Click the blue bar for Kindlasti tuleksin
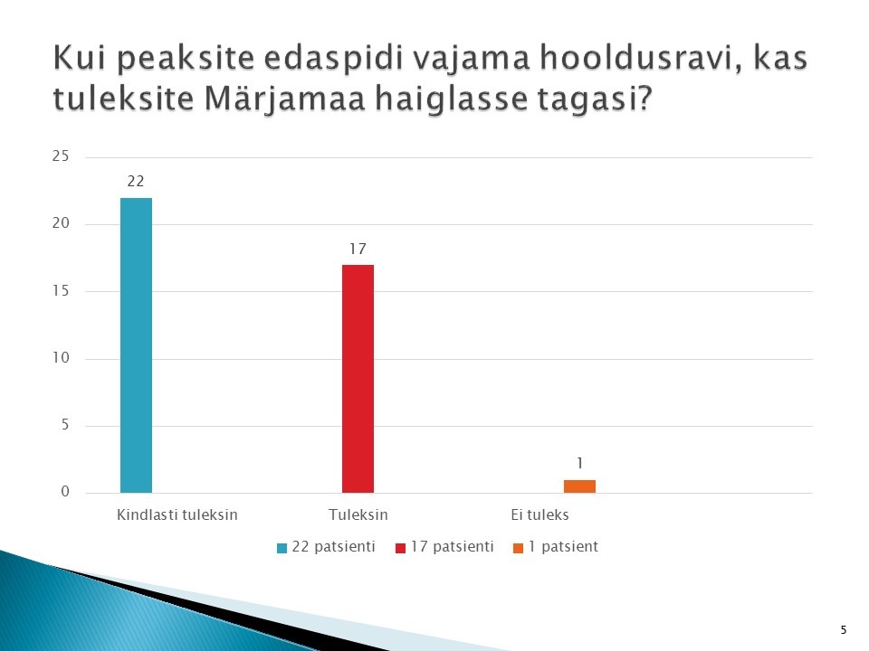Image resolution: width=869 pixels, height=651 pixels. pos(137,345)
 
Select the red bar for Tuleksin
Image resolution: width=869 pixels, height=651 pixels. pos(358,379)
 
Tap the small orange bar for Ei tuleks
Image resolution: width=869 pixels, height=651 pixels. pos(579,486)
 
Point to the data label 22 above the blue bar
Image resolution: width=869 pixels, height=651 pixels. pos(136,182)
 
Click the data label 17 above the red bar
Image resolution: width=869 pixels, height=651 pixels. pos(358,250)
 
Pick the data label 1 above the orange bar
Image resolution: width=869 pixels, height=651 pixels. pos(579,463)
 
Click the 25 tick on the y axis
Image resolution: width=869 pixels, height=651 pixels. pos(61,156)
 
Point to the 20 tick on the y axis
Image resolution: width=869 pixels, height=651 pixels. pos(61,223)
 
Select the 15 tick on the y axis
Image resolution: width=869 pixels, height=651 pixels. pos(61,290)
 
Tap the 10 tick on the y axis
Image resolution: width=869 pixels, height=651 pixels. pos(61,358)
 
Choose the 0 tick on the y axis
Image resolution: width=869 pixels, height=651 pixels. pos(65,492)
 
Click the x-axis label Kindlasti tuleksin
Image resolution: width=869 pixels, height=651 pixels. pos(177,514)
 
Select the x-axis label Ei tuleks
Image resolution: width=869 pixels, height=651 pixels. pos(540,514)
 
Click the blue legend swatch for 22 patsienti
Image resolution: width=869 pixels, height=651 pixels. pos(282,548)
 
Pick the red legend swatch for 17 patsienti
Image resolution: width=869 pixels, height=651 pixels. pos(400,548)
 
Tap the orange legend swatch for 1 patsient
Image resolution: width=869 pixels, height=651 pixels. pos(518,548)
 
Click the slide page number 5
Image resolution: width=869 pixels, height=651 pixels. pos(844,630)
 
